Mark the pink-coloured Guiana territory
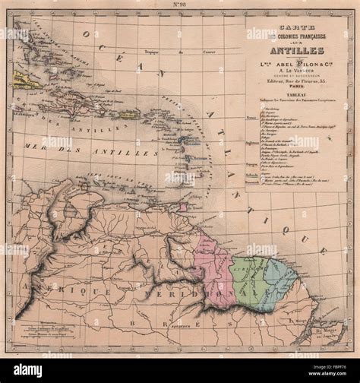tap(213, 266)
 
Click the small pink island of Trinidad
tap(182, 207)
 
